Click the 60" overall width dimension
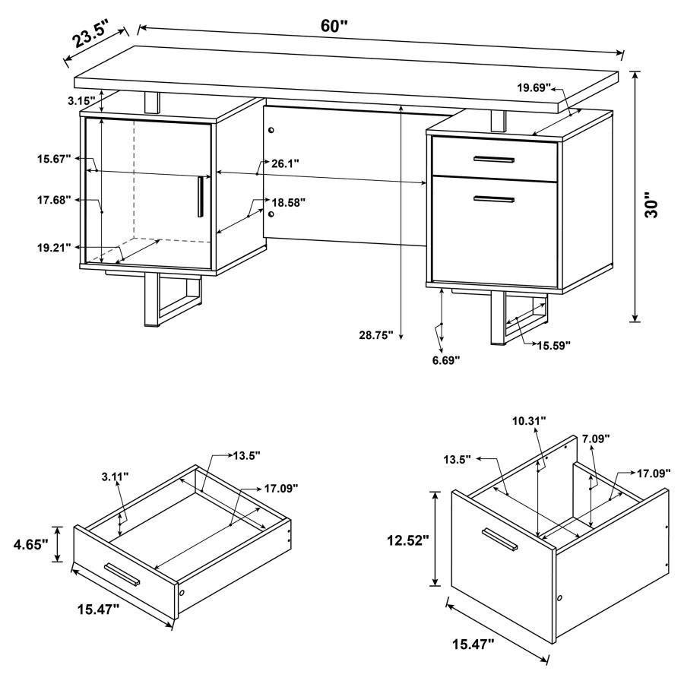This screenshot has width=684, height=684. (334, 25)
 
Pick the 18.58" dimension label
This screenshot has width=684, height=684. (289, 202)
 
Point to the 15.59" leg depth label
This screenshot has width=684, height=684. (555, 345)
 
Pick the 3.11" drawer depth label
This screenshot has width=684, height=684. (115, 477)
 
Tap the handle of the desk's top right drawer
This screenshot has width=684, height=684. (493, 159)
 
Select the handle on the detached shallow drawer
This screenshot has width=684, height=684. (122, 575)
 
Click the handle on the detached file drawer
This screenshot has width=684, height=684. (499, 539)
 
